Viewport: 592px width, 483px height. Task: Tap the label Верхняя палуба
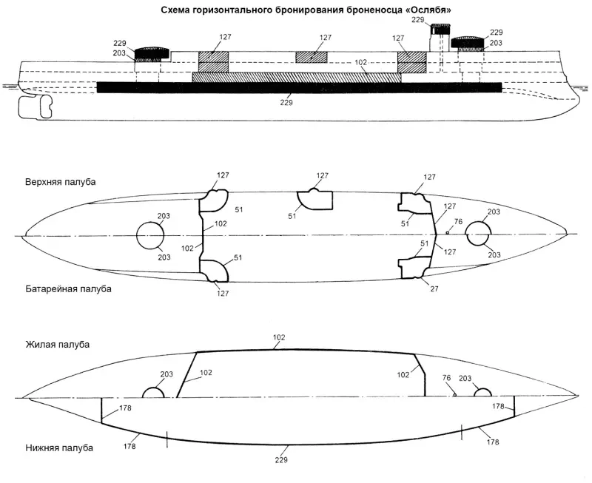(x=61, y=182)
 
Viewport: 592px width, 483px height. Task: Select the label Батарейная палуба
(x=68, y=288)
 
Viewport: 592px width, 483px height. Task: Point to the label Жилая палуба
(x=57, y=345)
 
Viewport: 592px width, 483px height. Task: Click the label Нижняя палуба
(x=59, y=448)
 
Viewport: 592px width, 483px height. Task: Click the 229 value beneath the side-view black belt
(x=286, y=102)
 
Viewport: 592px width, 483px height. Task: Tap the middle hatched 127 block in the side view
(x=311, y=58)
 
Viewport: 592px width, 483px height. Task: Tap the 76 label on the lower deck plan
(x=445, y=378)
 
